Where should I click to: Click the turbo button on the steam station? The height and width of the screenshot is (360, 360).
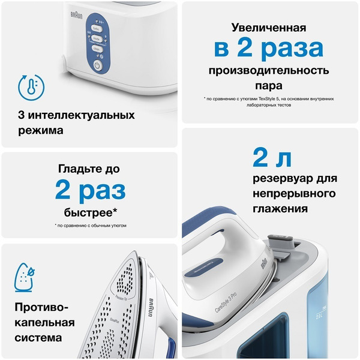coord(98,28)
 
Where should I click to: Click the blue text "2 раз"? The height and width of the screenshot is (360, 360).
coord(90,190)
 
